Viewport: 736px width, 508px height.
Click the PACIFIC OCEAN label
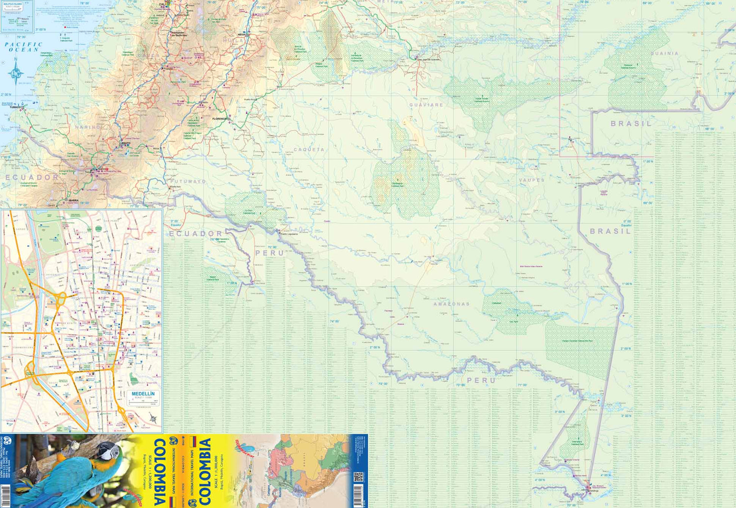(23, 47)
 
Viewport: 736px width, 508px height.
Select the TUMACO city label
(15, 107)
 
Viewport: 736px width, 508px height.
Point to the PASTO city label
(126, 143)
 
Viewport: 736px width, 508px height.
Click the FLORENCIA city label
(220, 119)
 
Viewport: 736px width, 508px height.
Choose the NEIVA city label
(241, 35)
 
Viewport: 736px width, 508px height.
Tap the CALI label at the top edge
(162, 4)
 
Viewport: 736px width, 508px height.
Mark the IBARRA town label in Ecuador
(73, 200)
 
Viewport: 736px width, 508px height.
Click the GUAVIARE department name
(426, 105)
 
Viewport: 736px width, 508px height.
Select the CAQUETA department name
(309, 150)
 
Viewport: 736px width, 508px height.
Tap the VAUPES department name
(532, 180)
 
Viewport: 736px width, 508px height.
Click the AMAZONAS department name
(451, 304)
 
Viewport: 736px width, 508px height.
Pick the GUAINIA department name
(664, 53)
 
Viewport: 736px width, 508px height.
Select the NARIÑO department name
(89, 127)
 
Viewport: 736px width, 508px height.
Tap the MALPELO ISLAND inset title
(13, 4)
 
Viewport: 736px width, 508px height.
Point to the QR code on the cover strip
(358, 477)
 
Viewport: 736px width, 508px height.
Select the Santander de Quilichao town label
(179, 34)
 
